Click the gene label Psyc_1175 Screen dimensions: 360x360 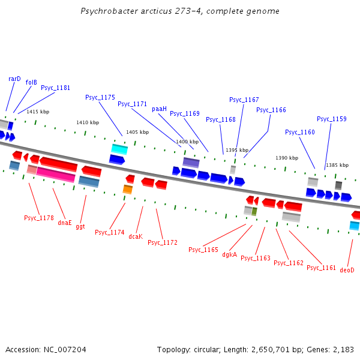coord(100,97)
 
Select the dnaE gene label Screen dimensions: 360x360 coord(65,223)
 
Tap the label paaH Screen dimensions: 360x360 coord(159,109)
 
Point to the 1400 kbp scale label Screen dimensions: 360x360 coord(187,142)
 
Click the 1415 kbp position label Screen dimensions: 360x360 coord(38,112)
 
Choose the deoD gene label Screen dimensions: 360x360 coord(347,271)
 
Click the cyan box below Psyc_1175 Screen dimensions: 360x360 coord(119,149)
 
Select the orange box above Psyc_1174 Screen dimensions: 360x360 coord(127,190)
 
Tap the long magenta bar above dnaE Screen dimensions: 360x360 coord(56,175)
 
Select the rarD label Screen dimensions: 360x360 coord(14,79)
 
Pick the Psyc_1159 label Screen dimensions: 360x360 coord(332,119)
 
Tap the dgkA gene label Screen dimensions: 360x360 coord(230,254)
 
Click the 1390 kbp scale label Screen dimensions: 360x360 coord(287,158)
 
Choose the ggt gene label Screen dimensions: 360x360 coord(80,227)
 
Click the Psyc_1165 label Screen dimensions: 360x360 coord(203,250)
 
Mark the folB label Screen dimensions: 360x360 coord(31,82)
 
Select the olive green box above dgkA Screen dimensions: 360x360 coord(254,212)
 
